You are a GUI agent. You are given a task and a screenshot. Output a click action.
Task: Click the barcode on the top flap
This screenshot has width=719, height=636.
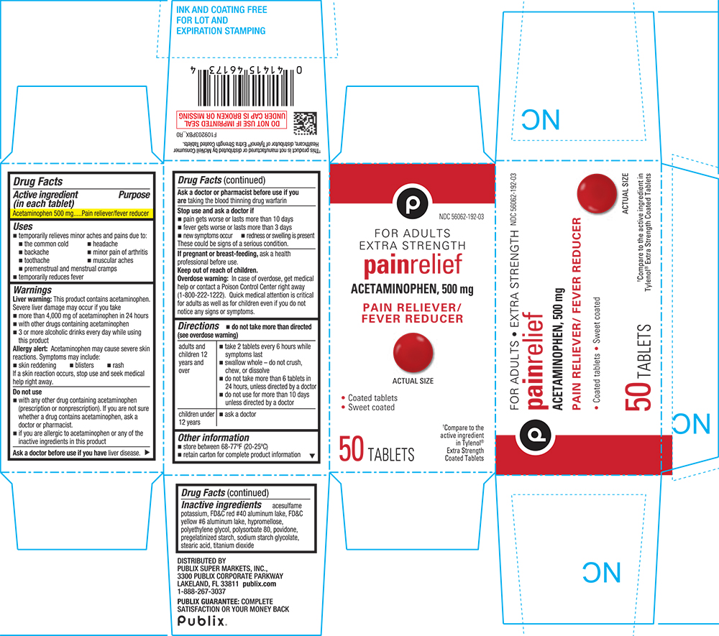[x=241, y=83]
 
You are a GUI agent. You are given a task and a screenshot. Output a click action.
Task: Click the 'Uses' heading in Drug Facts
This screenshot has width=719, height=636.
[x=23, y=226]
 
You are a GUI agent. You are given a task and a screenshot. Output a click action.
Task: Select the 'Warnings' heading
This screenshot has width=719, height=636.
[x=32, y=290]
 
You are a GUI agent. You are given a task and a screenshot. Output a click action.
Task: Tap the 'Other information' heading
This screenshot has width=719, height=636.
[x=214, y=437]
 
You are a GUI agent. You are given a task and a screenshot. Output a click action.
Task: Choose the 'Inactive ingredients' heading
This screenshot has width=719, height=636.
[x=221, y=505]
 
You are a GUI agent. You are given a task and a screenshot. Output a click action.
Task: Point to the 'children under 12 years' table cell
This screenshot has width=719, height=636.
[x=196, y=419]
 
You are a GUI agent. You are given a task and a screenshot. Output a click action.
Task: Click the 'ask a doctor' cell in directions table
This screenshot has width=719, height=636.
[x=241, y=415]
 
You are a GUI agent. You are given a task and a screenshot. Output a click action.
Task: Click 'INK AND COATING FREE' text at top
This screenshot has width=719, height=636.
[x=221, y=10]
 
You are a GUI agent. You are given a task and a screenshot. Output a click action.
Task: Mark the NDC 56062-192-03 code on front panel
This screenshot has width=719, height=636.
[x=459, y=216]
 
